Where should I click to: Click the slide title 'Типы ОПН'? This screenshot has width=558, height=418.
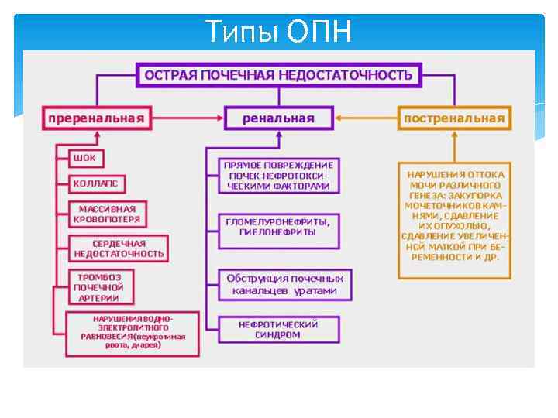[278, 32]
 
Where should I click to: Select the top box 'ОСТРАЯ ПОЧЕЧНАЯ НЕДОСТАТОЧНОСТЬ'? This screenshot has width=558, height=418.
[278, 75]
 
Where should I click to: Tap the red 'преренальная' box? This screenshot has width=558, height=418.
[96, 118]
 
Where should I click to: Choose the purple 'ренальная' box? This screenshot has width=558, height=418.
[278, 118]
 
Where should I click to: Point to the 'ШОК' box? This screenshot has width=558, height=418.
[84, 158]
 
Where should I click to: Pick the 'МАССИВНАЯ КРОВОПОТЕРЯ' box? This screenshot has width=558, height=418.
[107, 214]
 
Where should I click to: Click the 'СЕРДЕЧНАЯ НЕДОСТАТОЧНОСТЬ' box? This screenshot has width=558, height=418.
[118, 248]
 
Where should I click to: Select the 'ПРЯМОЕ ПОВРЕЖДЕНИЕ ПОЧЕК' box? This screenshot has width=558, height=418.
[278, 176]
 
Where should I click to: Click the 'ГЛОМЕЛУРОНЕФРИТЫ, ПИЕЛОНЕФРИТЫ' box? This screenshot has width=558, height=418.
[278, 227]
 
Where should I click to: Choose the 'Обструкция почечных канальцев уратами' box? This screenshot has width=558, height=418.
[284, 284]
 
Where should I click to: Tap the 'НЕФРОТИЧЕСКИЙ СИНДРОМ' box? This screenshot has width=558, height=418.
[278, 330]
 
